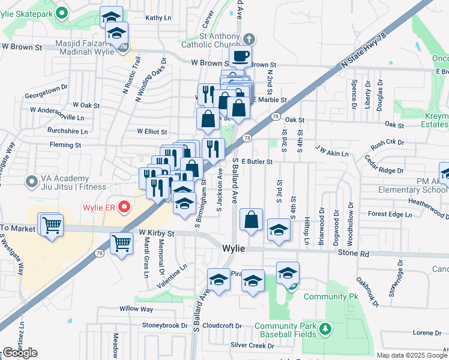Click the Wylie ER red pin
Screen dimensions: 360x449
pyautogui.click(x=124, y=208)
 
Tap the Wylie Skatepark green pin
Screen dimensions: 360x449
pyautogui.click(x=61, y=12)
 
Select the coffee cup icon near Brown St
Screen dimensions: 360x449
pyautogui.click(x=240, y=56)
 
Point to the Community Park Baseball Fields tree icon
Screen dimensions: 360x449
pyautogui.click(x=325, y=329)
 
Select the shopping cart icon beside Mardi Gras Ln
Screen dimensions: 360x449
pyautogui.click(x=122, y=244)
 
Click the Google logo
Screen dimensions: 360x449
pyautogui.click(x=20, y=353)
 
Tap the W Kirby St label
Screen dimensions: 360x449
pyautogui.click(x=156, y=233)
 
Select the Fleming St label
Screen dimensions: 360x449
pyautogui.click(x=65, y=145)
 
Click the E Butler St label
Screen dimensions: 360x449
pyautogui.click(x=258, y=161)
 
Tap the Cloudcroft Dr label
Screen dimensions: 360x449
pyautogui.click(x=222, y=326)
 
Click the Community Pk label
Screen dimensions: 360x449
pyautogui.click(x=331, y=297)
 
